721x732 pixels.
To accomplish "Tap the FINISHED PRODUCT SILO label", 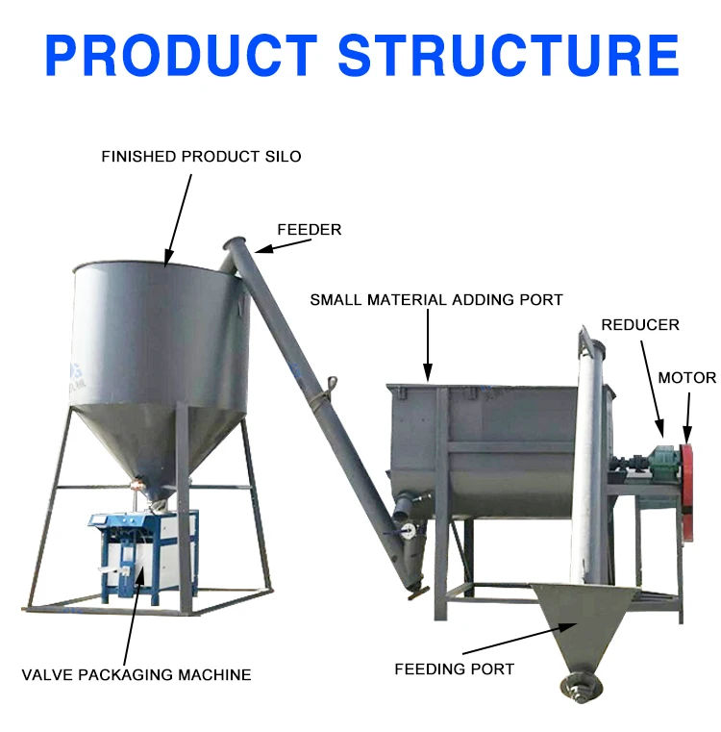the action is click(201, 156).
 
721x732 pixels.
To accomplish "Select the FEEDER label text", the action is click(309, 229).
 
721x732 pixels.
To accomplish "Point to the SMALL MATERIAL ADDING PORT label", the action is click(435, 300).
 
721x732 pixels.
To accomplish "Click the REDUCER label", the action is click(640, 325).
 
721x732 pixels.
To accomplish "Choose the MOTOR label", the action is click(686, 378).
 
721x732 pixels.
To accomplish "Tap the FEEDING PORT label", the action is click(454, 669).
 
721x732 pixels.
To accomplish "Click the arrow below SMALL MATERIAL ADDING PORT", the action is click(428, 347).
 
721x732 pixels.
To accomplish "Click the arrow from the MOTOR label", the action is click(686, 415).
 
